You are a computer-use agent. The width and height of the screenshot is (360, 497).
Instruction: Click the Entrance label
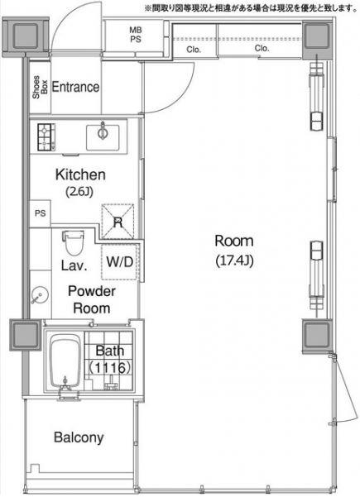click(x=75, y=87)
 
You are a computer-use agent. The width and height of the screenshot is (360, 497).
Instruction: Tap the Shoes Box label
click(x=40, y=87)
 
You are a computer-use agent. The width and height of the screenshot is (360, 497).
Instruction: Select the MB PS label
click(x=136, y=35)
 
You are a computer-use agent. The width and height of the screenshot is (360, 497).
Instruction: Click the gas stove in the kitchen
click(x=46, y=137)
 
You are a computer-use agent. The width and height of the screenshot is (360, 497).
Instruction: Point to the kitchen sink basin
click(x=103, y=137)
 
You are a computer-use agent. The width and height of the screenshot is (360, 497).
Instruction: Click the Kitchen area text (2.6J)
click(x=79, y=192)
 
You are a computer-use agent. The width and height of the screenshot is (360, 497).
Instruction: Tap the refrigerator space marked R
click(x=118, y=222)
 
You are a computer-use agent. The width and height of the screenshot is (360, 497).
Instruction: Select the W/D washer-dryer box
click(x=120, y=262)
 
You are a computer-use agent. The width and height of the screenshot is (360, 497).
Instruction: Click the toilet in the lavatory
click(x=73, y=243)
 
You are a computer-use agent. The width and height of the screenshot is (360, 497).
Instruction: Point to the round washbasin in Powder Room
click(x=40, y=295)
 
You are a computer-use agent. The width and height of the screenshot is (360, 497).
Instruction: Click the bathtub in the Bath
click(x=65, y=361)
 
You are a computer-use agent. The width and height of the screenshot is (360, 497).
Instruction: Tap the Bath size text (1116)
click(x=110, y=367)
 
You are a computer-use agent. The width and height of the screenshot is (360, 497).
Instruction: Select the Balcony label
click(x=79, y=437)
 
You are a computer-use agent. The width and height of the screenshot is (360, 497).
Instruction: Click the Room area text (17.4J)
click(x=234, y=260)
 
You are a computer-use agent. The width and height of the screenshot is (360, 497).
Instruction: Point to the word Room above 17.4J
click(x=234, y=241)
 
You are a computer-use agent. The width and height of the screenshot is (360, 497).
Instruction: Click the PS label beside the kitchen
click(x=41, y=213)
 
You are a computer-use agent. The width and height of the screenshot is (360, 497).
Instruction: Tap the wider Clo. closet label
click(x=262, y=48)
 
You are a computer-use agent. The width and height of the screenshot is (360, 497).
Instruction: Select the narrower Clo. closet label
click(x=194, y=50)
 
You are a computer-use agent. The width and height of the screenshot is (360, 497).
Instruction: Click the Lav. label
click(x=74, y=265)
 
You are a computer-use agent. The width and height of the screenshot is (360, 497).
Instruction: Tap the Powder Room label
click(x=92, y=299)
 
